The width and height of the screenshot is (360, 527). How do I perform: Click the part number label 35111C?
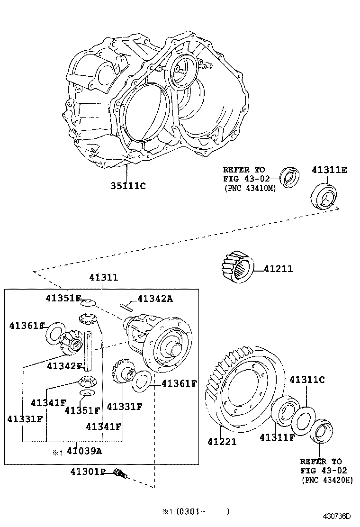pos(126,186)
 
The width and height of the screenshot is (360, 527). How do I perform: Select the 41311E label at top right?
pos(329,170)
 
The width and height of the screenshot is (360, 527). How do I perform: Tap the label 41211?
pos(278,269)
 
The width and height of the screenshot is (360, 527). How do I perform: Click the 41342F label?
pos(65,366)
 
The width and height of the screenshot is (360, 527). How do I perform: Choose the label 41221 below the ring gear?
pos(222,442)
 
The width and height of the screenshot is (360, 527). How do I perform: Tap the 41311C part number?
pos(307,379)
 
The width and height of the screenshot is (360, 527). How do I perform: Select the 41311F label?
pos(277,437)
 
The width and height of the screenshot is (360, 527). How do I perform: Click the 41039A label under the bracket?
pos(84,451)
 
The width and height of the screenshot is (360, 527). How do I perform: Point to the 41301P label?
pos(88,471)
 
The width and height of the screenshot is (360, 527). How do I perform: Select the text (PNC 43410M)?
pos(249,188)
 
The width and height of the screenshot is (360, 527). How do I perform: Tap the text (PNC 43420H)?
pos(327,480)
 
